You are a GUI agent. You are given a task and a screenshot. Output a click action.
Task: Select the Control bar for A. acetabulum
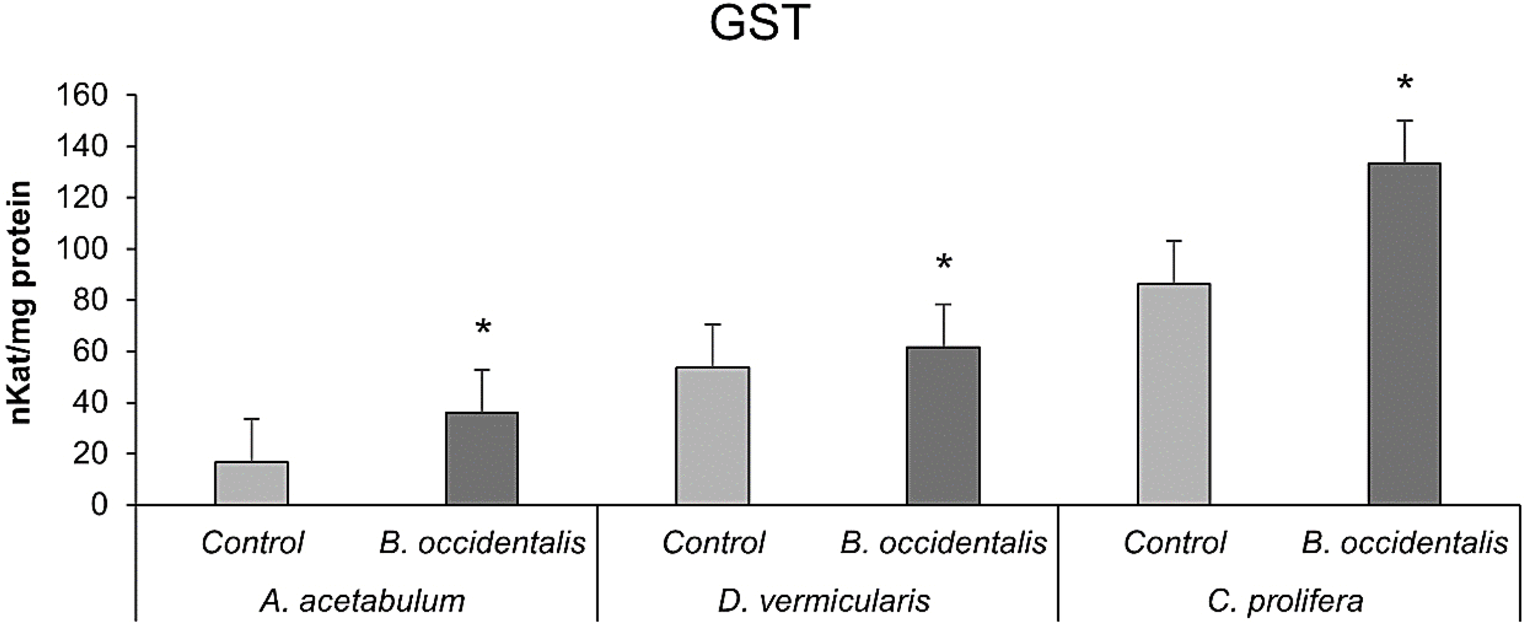(251, 483)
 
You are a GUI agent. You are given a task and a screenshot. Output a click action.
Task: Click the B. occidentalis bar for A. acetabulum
(482, 459)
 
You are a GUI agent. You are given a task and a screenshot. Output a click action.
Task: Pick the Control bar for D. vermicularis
(712, 436)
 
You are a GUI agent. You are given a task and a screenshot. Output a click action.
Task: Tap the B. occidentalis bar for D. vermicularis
(943, 426)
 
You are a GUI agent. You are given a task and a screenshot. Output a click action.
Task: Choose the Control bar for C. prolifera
(1174, 394)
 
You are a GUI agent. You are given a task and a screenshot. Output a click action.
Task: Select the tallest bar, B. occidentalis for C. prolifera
(1405, 334)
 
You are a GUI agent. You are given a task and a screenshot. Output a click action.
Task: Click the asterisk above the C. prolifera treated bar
(1405, 83)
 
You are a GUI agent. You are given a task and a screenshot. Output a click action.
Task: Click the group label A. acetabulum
(362, 601)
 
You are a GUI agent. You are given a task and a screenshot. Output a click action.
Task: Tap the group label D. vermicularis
(824, 601)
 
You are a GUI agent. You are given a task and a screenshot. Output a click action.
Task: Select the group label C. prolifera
(1285, 601)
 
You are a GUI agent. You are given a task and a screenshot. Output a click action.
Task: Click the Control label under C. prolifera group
(1174, 543)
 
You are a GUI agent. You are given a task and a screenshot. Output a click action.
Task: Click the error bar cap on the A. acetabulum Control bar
(251, 419)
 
